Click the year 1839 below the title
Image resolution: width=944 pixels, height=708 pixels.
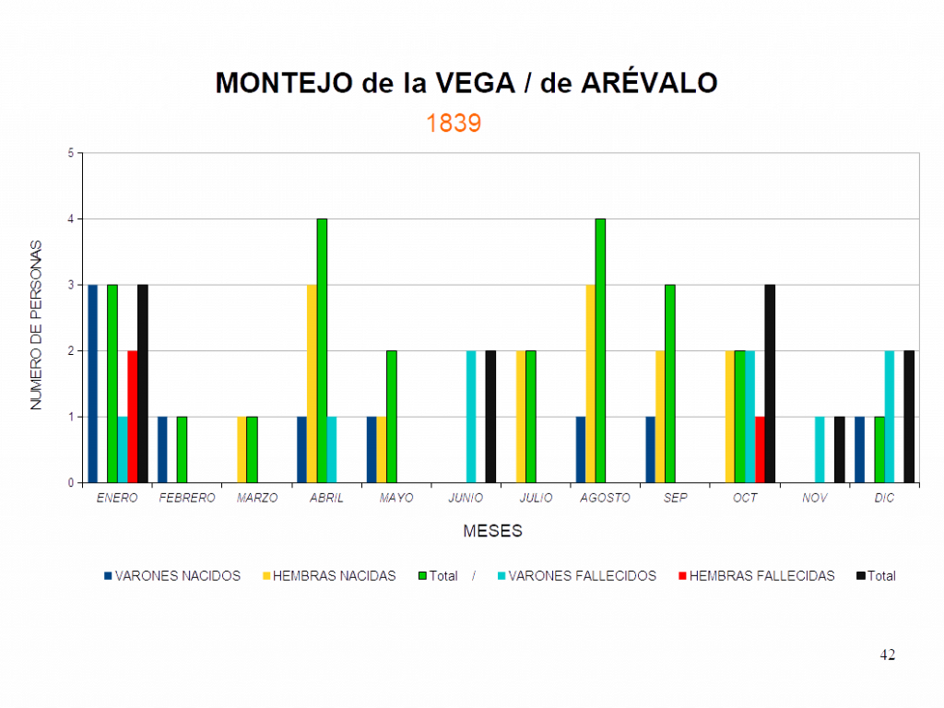pos(454,124)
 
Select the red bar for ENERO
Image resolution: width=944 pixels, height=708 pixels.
pos(133,416)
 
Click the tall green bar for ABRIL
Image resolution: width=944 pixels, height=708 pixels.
pos(323,350)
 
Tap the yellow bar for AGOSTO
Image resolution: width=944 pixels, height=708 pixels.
pos(590,383)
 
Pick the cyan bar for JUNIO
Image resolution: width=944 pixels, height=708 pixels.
pos(471,416)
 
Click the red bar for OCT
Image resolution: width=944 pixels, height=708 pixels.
pos(760,449)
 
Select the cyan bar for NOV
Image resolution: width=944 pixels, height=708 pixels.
pos(820,449)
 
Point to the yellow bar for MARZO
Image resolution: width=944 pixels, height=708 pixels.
pos(242,449)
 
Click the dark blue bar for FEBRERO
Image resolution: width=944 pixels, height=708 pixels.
pos(162,449)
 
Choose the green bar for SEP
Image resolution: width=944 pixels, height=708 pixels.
pos(670,383)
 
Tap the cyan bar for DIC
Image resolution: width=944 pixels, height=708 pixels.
pos(890,416)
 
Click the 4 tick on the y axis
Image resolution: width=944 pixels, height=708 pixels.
pos(71,218)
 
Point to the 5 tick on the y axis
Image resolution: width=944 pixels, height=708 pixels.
pos(71,152)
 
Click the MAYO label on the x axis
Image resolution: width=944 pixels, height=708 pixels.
pos(397,498)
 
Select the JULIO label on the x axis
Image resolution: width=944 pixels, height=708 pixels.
pos(536,498)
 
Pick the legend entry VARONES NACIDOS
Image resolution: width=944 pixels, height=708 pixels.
pos(172,576)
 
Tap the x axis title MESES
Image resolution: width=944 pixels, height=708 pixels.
pos(493,531)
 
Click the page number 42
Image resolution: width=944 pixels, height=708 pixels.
pos(887,655)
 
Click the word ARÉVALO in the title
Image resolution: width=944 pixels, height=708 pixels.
pos(650,84)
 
